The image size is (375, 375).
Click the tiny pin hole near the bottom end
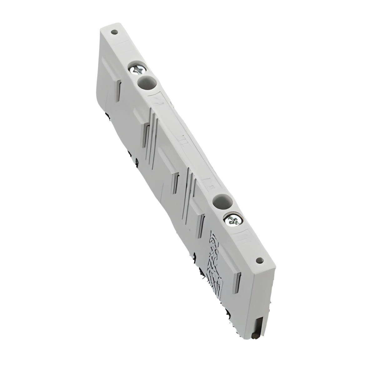[x=258, y=259]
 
